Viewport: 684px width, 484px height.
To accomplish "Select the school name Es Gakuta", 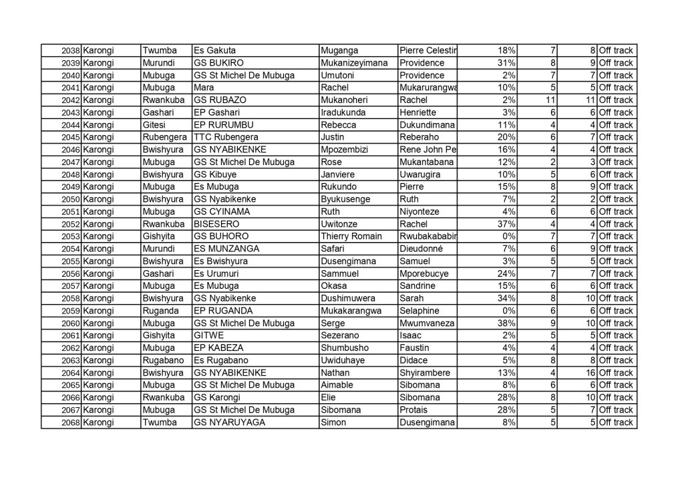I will click(x=214, y=51).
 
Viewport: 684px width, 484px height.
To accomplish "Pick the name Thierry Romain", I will click(x=352, y=237).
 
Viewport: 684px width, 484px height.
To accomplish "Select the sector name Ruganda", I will click(x=160, y=311).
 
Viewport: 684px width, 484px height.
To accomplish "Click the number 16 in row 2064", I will click(x=590, y=373).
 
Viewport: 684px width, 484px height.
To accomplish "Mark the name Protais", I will click(x=413, y=410).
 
